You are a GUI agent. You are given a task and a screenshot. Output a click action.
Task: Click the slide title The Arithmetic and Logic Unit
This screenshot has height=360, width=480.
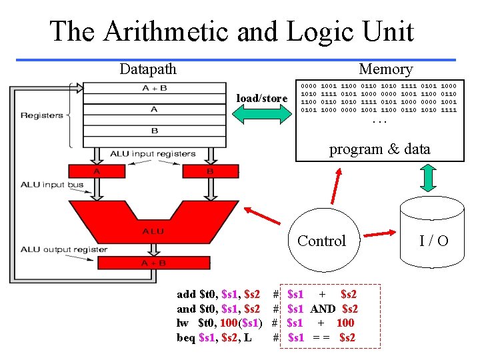(231, 31)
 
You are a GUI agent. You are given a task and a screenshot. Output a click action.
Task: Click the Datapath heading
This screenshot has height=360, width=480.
(148, 69)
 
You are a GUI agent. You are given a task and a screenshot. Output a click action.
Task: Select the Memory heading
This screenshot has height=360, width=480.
(385, 69)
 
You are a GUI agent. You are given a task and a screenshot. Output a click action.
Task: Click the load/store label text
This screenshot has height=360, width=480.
(263, 99)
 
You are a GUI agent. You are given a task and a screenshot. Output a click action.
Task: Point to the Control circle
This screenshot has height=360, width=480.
(321, 241)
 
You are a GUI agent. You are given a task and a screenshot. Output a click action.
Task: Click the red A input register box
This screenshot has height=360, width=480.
(98, 171)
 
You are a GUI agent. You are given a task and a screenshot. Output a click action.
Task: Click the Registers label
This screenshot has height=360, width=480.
(41, 115)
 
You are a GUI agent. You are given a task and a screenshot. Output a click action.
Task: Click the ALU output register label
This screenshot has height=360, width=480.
(63, 249)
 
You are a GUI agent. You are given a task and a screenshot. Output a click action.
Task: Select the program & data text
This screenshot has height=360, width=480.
(379, 149)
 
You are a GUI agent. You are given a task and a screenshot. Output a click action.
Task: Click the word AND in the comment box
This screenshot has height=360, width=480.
(323, 309)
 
